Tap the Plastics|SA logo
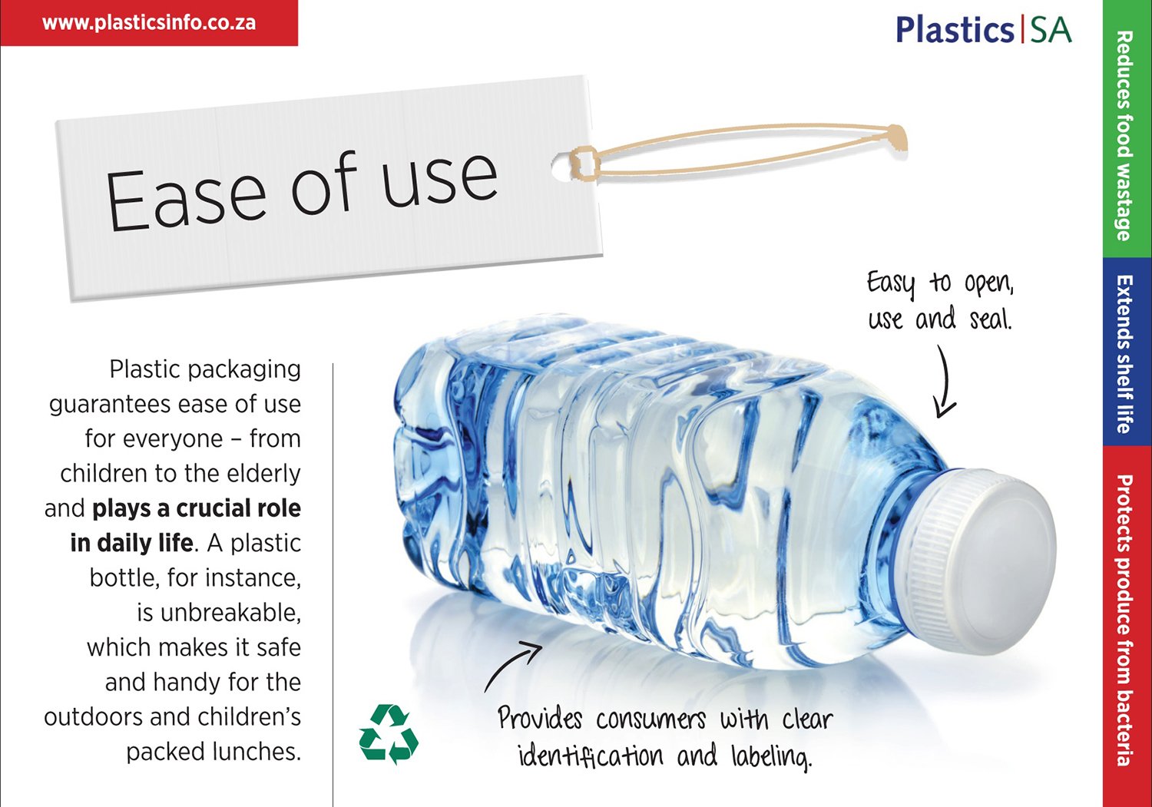(x=983, y=29)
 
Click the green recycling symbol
(x=389, y=734)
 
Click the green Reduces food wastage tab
(x=1127, y=128)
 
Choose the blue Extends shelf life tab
(x=1127, y=352)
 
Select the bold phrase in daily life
(x=131, y=543)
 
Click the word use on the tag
(x=440, y=179)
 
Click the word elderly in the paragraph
(x=264, y=475)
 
